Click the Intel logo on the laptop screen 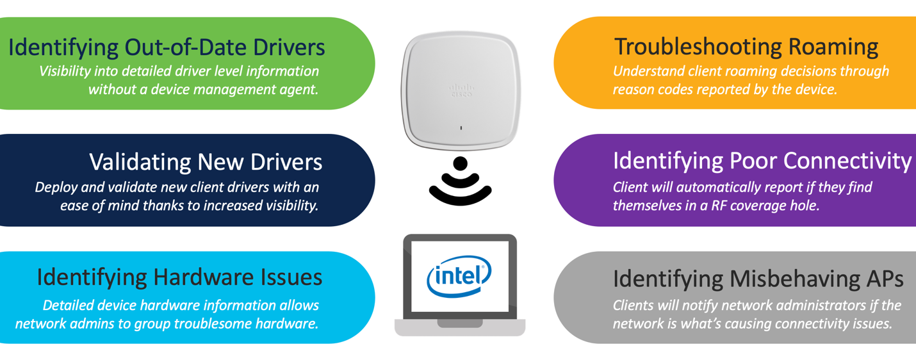pos(459,277)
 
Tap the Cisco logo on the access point pos(460,90)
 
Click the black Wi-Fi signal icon pos(460,181)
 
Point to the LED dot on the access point pos(460,128)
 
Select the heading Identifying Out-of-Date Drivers pos(167,47)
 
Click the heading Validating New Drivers pos(206,162)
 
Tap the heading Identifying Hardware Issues pos(179,277)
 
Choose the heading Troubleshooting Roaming pos(746,47)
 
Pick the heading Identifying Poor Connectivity pos(762,161)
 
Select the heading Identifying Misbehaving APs pos(758,279)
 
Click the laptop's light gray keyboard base pos(459,327)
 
